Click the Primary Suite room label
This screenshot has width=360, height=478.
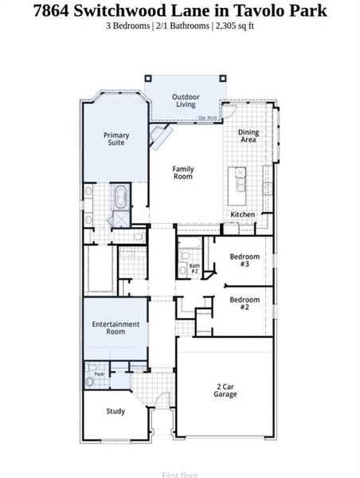(115, 139)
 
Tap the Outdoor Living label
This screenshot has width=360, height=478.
(185, 100)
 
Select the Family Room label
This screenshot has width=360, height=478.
(183, 172)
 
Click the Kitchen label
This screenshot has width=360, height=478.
(243, 215)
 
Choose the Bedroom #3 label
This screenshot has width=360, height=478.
(245, 261)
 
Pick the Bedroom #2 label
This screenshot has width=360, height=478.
(245, 304)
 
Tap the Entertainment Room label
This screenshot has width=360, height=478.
(115, 327)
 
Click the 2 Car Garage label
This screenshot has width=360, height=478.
(225, 390)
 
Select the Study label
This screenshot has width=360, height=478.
(115, 411)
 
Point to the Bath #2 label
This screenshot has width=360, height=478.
(194, 268)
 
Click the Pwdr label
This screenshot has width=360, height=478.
(100, 373)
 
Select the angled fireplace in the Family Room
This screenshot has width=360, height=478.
(162, 137)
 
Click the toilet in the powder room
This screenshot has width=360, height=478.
(90, 382)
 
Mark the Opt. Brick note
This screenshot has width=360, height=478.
(208, 119)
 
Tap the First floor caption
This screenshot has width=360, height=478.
(180, 474)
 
